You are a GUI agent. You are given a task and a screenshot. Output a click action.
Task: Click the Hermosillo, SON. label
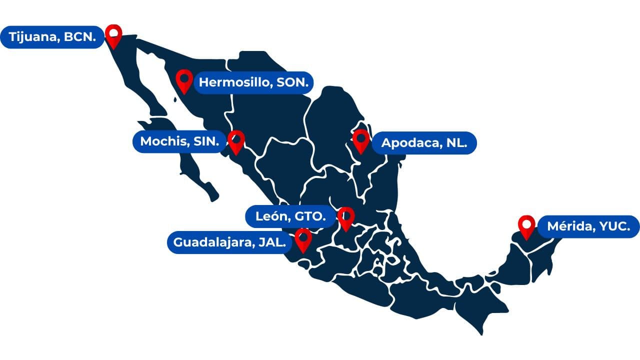tap(253, 82)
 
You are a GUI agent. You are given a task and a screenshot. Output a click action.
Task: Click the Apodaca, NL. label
tap(424, 143)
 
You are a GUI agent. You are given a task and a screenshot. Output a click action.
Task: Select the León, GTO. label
tap(290, 216)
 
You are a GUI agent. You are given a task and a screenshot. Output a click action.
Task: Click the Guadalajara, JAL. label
tap(230, 242)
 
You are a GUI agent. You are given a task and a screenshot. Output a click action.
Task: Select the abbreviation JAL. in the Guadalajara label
tap(273, 242)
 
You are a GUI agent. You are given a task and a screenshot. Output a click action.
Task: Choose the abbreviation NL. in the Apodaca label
tap(456, 143)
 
